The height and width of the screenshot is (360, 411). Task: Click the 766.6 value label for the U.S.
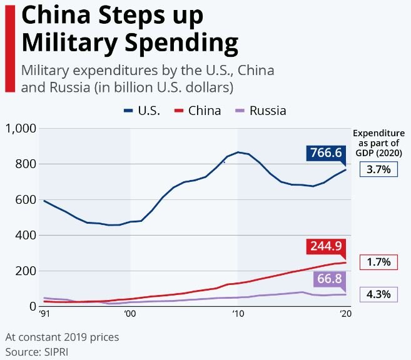(325, 153)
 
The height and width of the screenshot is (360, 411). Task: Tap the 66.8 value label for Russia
(330, 279)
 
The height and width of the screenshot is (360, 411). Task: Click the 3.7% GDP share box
(378, 169)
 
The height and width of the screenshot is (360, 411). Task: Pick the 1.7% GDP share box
(378, 262)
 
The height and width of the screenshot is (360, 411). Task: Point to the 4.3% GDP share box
(378, 294)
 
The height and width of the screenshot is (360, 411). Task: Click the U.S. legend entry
(142, 111)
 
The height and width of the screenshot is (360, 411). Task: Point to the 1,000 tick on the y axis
(21, 129)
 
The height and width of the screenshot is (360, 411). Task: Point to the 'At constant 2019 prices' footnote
(62, 337)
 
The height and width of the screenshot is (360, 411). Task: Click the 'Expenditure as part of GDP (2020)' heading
(379, 142)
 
